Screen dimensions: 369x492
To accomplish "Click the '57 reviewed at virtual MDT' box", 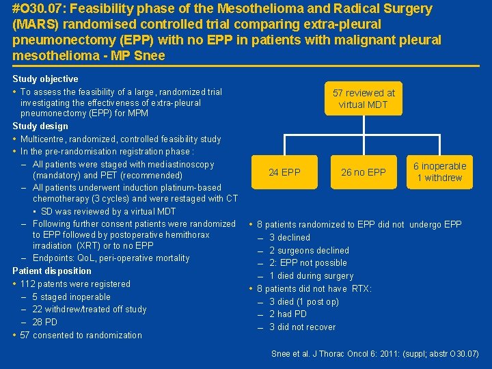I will (x=364, y=98).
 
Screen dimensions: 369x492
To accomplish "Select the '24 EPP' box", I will (x=284, y=172).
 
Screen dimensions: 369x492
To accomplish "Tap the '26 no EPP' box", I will (x=364, y=172).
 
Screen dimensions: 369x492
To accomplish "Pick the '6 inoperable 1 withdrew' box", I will (x=439, y=172).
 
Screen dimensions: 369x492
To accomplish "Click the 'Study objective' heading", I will (x=45, y=79).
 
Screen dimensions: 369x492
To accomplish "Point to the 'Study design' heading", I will (x=40, y=126).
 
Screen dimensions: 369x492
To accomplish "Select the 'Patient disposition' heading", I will (x=52, y=271).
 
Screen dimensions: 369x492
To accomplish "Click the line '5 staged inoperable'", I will (x=71, y=297).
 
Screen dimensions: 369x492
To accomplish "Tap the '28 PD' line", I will (x=45, y=322).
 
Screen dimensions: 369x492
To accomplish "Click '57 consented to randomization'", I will (x=81, y=335).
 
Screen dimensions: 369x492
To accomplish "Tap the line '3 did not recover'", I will (x=302, y=327).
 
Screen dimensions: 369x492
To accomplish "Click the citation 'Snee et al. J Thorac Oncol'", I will (x=374, y=353).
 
